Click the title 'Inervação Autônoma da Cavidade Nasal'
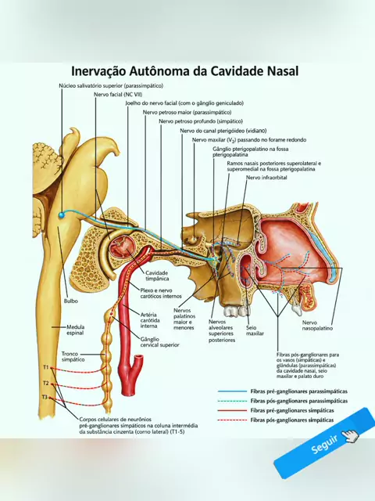(x=184, y=71)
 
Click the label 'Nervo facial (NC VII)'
(x=118, y=95)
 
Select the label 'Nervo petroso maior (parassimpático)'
(x=187, y=113)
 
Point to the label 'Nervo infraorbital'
(x=266, y=178)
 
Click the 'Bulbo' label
(x=71, y=301)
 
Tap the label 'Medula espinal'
(x=76, y=330)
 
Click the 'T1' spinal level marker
(x=46, y=367)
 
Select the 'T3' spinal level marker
(x=45, y=397)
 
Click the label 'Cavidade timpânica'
(x=157, y=276)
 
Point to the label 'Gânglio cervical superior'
(x=159, y=342)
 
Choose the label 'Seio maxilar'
(x=255, y=330)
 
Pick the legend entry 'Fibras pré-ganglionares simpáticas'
(x=292, y=410)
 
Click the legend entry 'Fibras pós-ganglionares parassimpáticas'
(x=298, y=401)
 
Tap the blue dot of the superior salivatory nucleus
(x=61, y=215)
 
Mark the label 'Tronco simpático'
(x=73, y=357)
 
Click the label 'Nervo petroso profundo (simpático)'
(x=201, y=121)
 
